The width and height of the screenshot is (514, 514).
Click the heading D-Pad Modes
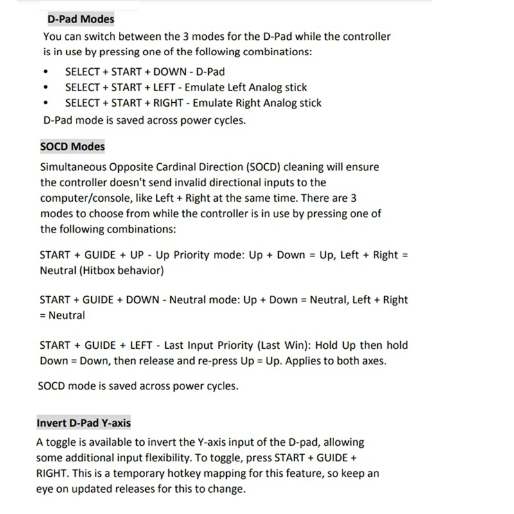click(x=81, y=19)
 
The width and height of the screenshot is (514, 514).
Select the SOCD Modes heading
click(x=72, y=146)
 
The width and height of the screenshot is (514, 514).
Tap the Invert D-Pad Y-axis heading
click(x=84, y=423)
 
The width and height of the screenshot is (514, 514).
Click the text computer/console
click(x=83, y=198)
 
